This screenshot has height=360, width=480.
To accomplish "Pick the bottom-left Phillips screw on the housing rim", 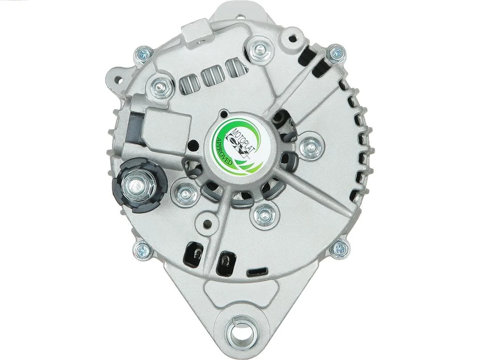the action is pyautogui.click(x=142, y=250).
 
